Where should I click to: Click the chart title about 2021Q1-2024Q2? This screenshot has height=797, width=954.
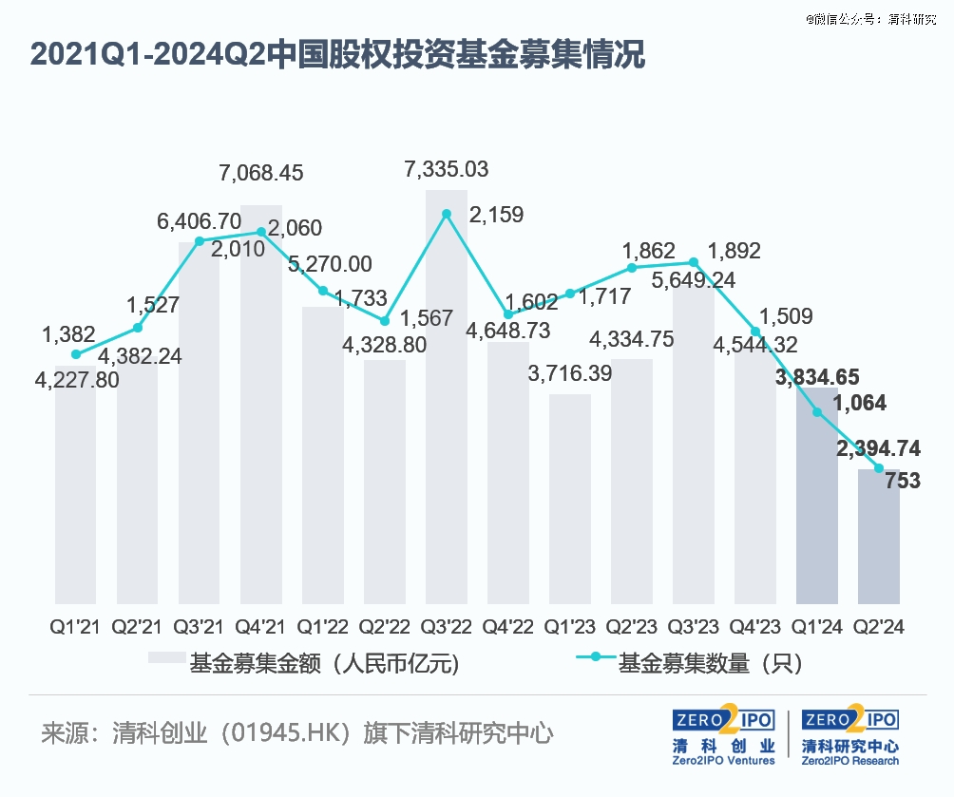(338, 55)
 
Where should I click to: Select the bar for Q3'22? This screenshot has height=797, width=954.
(447, 399)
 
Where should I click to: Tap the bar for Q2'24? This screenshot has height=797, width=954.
(879, 537)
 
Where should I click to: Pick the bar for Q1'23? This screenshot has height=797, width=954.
(570, 499)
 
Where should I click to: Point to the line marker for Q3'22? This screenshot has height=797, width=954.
(447, 213)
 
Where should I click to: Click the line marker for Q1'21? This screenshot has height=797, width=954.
(76, 354)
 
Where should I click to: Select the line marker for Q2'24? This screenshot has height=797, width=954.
(879, 468)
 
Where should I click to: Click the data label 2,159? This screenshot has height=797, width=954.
(497, 215)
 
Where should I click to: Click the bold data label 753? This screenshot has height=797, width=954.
(903, 481)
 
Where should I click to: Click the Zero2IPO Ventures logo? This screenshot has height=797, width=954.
(723, 735)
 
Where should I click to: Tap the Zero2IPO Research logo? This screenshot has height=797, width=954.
(850, 735)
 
